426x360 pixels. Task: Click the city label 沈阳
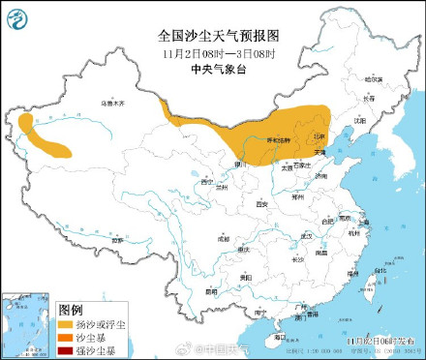[x=360, y=121]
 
